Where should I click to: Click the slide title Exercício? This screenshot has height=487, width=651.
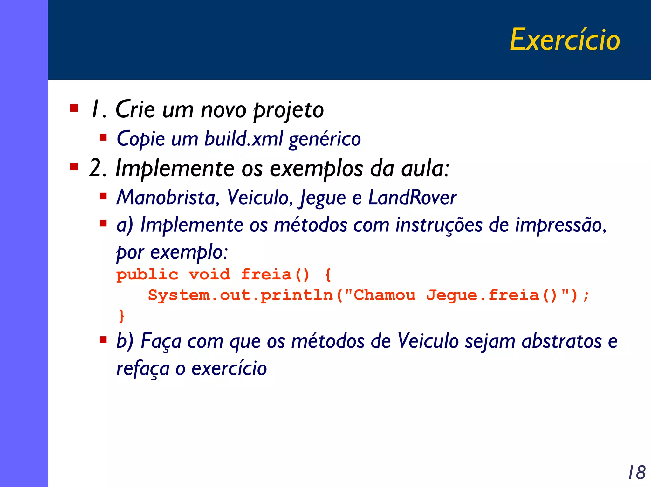[x=565, y=40]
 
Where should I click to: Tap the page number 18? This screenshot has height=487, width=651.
[x=637, y=472]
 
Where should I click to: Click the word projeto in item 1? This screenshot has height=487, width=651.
[x=288, y=110]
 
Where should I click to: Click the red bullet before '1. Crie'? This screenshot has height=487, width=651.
[x=74, y=108]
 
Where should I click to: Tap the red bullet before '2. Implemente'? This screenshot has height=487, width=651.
[x=74, y=167]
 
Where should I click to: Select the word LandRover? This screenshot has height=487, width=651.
[x=412, y=198]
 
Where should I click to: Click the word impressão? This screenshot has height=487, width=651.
[x=560, y=225]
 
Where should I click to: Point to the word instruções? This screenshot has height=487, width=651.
[x=439, y=225]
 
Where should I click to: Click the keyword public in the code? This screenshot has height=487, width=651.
[x=147, y=275]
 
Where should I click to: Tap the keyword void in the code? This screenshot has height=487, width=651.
[x=209, y=274]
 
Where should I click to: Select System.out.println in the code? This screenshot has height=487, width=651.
[x=240, y=295]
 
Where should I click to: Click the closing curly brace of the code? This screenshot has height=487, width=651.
[x=121, y=316]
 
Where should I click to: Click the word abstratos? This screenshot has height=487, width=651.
[x=562, y=341]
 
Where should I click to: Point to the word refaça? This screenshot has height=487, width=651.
[x=143, y=369]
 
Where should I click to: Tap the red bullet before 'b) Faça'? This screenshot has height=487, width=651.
[x=103, y=340]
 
